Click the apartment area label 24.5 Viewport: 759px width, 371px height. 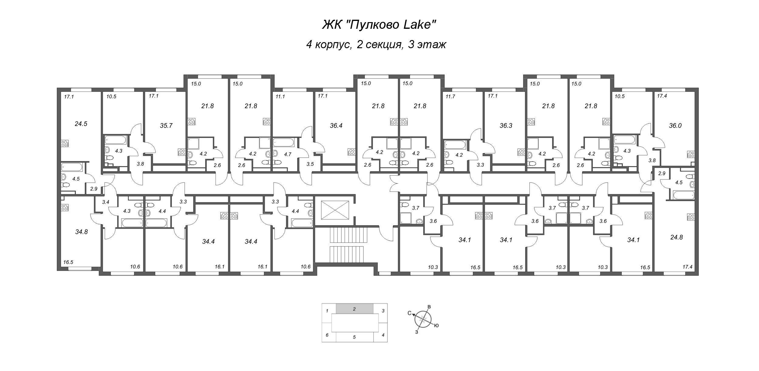point(81,124)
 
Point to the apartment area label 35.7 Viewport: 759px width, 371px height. point(166,125)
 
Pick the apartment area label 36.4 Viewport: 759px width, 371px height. point(336,125)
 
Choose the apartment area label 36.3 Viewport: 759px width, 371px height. point(506,125)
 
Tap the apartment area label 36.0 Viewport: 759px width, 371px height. point(675,125)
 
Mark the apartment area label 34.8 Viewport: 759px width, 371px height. point(81,232)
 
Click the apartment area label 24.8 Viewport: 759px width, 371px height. point(676,237)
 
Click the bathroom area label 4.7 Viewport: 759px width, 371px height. point(287,154)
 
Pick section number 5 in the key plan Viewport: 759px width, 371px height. point(354,337)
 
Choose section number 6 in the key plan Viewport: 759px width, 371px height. point(327,335)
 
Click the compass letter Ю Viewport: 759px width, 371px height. point(436,326)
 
